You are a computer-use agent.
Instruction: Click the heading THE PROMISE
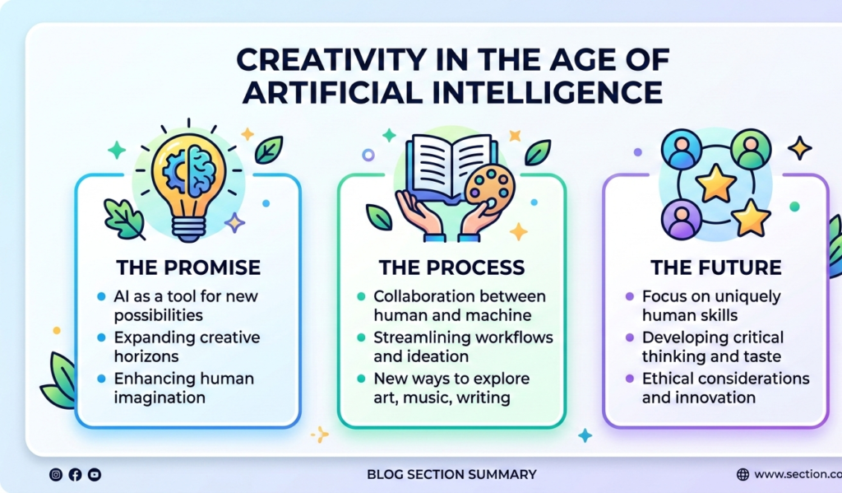[x=188, y=267]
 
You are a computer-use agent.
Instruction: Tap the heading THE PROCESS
[x=451, y=267]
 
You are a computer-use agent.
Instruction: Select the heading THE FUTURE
[x=716, y=267]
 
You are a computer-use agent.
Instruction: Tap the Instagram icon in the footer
[x=56, y=474]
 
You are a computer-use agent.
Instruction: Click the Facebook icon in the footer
[x=75, y=474]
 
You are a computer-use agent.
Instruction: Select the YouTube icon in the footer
[x=95, y=474]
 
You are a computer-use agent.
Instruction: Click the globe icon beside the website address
[x=743, y=474]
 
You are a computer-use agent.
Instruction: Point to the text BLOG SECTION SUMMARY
[x=451, y=474]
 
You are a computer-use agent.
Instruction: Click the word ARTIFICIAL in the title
[x=332, y=92]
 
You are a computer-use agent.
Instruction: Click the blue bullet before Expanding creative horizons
[x=101, y=337]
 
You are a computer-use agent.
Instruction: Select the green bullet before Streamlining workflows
[x=362, y=337]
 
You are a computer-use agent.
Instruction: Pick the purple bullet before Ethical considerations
[x=630, y=379]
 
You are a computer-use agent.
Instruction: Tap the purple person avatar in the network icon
[x=682, y=220]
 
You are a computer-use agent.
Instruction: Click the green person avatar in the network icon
[x=751, y=150]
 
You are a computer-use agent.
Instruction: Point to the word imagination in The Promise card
[x=160, y=398]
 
